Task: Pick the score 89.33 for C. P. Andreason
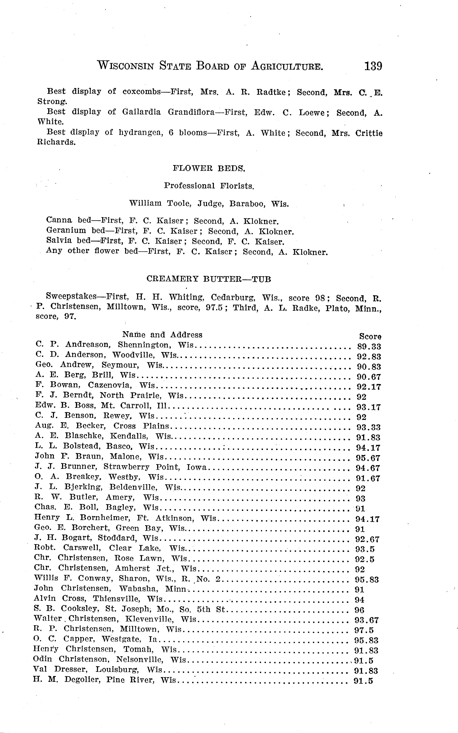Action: point(369,346)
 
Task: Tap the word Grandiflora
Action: point(191,112)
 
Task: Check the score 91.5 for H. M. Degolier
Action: point(363,681)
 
